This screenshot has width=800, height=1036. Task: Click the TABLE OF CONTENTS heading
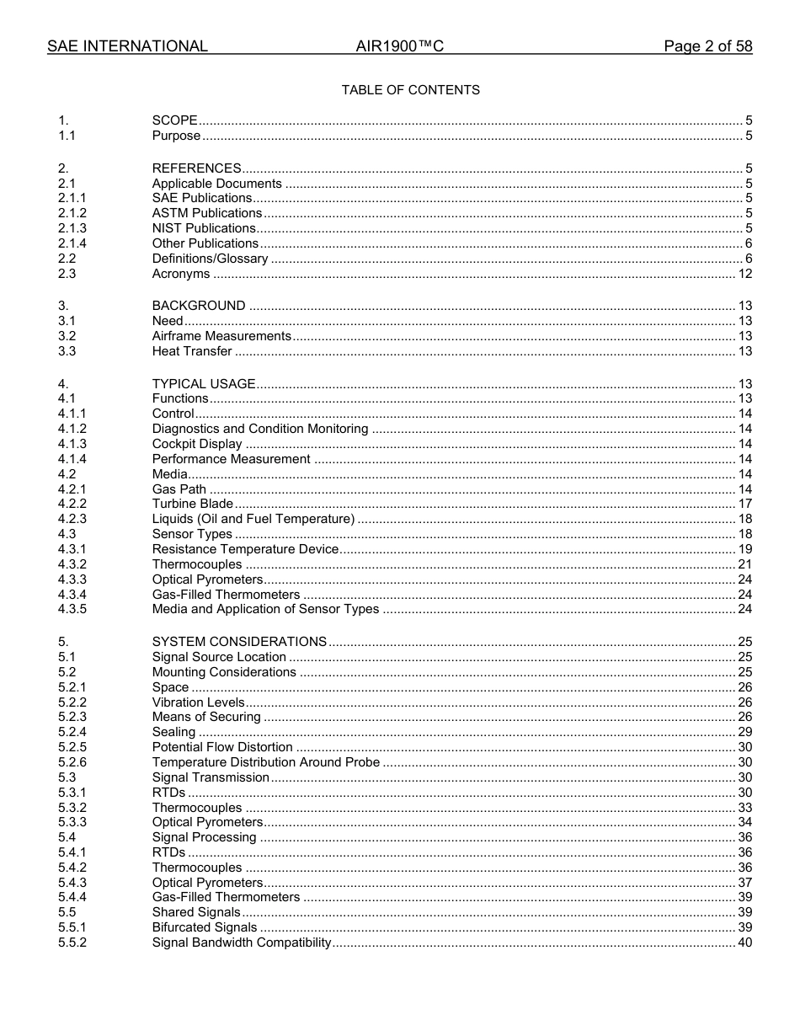pyautogui.click(x=410, y=90)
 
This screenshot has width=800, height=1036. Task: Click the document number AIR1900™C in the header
pyautogui.click(x=399, y=46)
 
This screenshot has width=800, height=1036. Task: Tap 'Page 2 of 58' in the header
pyautogui.click(x=707, y=46)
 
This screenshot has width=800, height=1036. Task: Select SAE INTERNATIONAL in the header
pyautogui.click(x=127, y=46)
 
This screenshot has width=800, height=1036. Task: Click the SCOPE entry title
pyautogui.click(x=174, y=120)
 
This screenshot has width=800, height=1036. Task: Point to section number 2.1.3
pyautogui.click(x=72, y=228)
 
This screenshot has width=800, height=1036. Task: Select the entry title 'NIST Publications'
pyautogui.click(x=204, y=228)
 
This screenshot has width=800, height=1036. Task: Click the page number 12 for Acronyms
pyautogui.click(x=744, y=274)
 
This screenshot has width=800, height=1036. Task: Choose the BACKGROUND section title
pyautogui.click(x=199, y=306)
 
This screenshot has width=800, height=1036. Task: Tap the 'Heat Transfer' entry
pyautogui.click(x=192, y=351)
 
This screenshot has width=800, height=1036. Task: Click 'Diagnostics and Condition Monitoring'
pyautogui.click(x=260, y=429)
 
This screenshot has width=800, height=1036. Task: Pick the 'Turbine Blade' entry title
pyautogui.click(x=193, y=504)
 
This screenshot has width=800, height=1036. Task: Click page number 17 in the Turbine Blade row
pyautogui.click(x=744, y=504)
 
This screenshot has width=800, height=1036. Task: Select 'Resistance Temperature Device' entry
pyautogui.click(x=245, y=549)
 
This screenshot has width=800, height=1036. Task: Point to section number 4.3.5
pyautogui.click(x=72, y=609)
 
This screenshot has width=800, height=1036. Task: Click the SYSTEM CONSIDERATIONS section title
pyautogui.click(x=239, y=642)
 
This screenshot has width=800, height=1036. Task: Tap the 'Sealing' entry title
pyautogui.click(x=173, y=732)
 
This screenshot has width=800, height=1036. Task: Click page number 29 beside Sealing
pyautogui.click(x=744, y=732)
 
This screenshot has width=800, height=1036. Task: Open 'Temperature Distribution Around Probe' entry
pyautogui.click(x=265, y=762)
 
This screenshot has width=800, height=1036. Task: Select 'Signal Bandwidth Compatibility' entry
pyautogui.click(x=242, y=943)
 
